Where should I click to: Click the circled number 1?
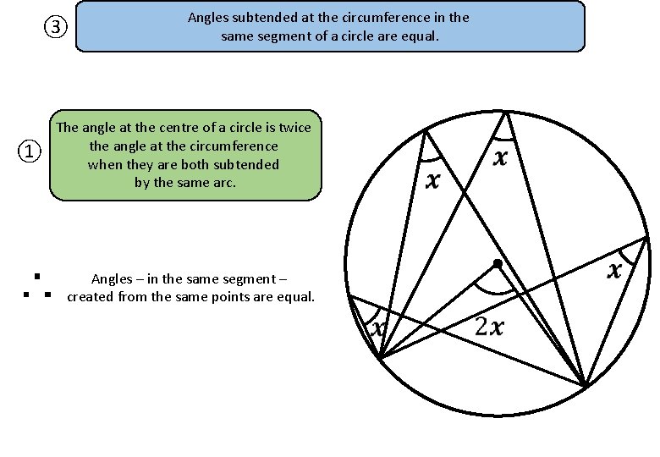(30, 152)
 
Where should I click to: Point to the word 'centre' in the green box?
(155, 128)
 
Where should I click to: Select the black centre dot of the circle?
(498, 265)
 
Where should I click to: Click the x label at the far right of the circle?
(615, 271)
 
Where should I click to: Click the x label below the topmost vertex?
(502, 157)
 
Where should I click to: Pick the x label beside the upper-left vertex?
(433, 180)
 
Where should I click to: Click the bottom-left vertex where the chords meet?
(381, 359)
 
